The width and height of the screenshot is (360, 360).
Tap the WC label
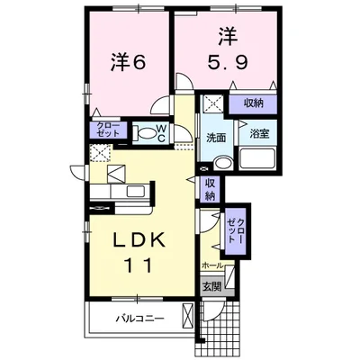(x=162, y=134)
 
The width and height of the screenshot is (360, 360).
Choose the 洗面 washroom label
(x=215, y=139)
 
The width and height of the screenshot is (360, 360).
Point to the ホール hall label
(x=212, y=266)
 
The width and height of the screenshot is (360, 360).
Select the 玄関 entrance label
(x=211, y=286)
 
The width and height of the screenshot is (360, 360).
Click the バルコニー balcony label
(x=138, y=318)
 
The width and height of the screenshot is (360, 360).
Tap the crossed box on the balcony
(x=187, y=316)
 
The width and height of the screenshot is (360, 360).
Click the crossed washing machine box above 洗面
(x=212, y=104)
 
